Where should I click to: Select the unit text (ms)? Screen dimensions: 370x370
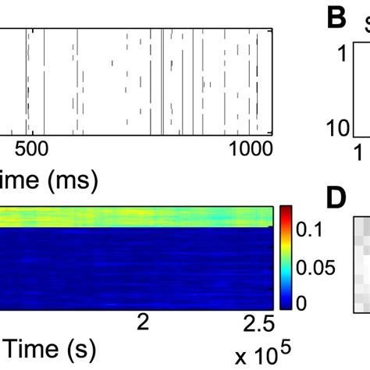click(73, 183)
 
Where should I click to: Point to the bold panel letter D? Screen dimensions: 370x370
click(337, 199)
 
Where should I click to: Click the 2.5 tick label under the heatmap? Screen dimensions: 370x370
click(258, 322)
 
